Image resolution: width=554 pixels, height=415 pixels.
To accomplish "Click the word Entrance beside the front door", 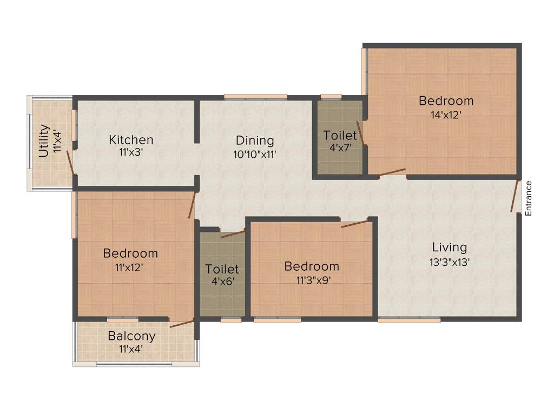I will click(x=529, y=198).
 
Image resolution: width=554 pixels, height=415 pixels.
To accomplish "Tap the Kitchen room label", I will click(x=131, y=140).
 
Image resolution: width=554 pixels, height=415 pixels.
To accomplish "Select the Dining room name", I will click(x=255, y=140).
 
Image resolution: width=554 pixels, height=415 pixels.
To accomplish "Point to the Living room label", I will click(x=449, y=247).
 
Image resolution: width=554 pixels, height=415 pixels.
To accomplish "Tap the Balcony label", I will click(x=131, y=336).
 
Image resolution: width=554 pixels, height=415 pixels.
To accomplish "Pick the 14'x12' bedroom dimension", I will click(x=446, y=115).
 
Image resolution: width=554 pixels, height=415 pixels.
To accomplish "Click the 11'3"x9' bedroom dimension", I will click(x=312, y=280).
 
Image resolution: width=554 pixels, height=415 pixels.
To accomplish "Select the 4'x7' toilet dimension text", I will click(x=340, y=147).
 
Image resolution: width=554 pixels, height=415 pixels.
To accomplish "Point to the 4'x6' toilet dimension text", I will click(x=222, y=281).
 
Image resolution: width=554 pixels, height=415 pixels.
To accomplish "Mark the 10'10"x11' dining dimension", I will click(x=255, y=154).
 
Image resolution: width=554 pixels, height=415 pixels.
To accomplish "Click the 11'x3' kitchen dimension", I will click(x=131, y=153).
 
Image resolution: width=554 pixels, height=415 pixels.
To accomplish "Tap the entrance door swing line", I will click(x=515, y=196).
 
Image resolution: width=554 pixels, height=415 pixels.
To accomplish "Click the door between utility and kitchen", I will click(x=70, y=162).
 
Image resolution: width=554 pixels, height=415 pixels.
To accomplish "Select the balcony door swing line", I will click(x=182, y=324).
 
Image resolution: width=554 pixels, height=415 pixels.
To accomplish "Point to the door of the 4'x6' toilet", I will click(x=233, y=234).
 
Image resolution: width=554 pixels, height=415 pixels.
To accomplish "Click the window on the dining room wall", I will click(x=255, y=97).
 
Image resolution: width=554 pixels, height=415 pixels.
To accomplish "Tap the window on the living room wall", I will click(x=409, y=320).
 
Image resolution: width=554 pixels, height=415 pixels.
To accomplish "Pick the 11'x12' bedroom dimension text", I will click(x=130, y=267).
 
